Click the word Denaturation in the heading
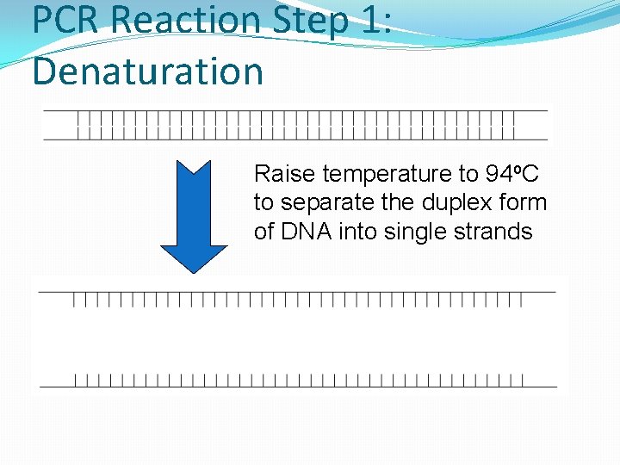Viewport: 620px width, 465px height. pyautogui.click(x=147, y=71)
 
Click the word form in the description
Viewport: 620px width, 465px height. pyautogui.click(x=524, y=203)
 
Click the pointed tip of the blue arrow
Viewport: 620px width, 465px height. pyautogui.click(x=194, y=271)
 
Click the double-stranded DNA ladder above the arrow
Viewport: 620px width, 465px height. pyautogui.click(x=295, y=125)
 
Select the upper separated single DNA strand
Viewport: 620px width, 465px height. pyautogui.click(x=297, y=297)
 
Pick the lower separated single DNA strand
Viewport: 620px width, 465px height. pyautogui.click(x=298, y=381)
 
